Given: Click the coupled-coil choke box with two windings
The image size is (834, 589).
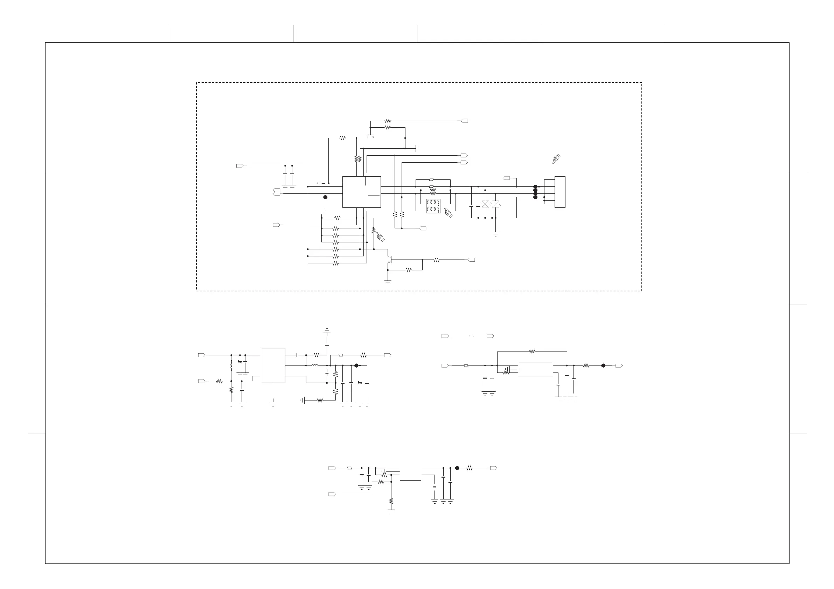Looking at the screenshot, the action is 433,206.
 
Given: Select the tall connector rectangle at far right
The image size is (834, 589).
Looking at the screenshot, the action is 560,192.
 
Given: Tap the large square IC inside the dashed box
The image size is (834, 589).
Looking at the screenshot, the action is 361,192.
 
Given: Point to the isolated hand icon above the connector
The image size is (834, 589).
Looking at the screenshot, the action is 556,159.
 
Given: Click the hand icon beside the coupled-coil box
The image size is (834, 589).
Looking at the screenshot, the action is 448,212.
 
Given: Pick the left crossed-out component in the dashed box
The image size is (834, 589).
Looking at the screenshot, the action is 485,204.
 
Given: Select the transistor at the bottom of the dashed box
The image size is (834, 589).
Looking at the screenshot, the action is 389,259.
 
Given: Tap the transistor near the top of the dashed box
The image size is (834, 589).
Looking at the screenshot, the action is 370,136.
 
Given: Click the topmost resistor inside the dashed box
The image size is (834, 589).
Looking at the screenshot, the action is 388,121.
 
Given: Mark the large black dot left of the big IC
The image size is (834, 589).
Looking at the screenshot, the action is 325,197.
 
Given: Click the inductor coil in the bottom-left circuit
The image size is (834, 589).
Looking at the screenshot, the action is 314,366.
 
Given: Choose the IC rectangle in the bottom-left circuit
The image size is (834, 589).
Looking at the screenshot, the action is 273,365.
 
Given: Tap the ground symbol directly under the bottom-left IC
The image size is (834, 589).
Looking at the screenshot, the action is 273,403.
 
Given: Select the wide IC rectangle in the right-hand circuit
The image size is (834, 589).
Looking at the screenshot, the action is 535,369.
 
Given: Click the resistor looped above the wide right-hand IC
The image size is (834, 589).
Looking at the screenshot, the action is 532,351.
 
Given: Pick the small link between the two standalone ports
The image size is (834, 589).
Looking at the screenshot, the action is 472,336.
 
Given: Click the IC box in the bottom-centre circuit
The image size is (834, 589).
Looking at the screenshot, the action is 410,471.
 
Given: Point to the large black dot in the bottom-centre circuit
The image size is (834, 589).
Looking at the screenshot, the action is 457,468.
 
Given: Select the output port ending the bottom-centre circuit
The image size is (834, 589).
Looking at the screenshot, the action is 494,468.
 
